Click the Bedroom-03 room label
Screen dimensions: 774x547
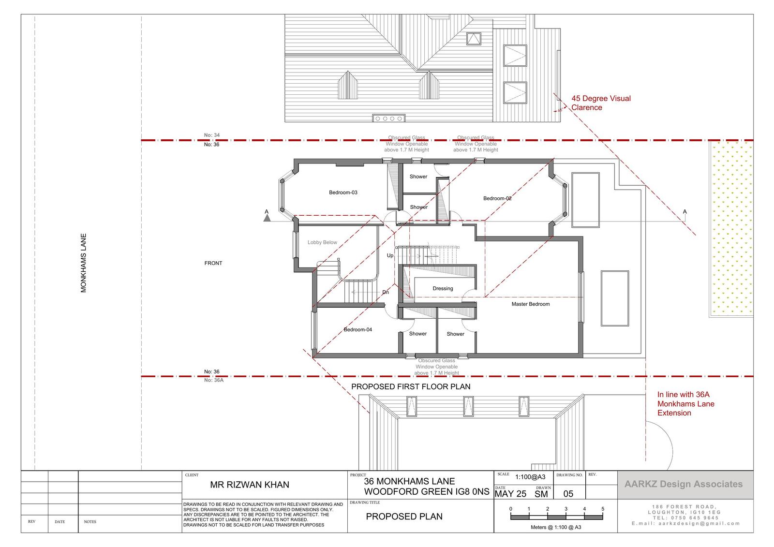(343, 192)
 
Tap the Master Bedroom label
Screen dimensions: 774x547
(530, 304)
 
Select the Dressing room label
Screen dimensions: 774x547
(443, 289)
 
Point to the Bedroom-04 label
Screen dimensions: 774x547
(357, 330)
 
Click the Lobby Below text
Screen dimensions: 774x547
(322, 243)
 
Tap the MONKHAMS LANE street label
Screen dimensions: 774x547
(84, 263)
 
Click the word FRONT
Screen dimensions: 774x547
(213, 263)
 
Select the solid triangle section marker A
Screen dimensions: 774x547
(267, 218)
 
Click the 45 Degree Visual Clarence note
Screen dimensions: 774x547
(600, 103)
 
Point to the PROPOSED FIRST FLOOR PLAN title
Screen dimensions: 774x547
(411, 386)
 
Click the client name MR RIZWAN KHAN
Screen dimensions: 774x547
(250, 485)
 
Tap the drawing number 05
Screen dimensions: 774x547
(568, 494)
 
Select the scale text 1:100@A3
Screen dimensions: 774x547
(530, 477)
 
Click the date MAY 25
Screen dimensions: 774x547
(510, 494)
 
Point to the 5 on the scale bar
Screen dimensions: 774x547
(603, 509)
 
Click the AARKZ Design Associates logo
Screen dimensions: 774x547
(683, 484)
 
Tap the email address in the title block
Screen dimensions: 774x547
(685, 523)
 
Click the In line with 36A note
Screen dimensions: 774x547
(685, 403)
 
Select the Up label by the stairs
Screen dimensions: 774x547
(390, 256)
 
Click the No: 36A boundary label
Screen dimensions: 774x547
(213, 380)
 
